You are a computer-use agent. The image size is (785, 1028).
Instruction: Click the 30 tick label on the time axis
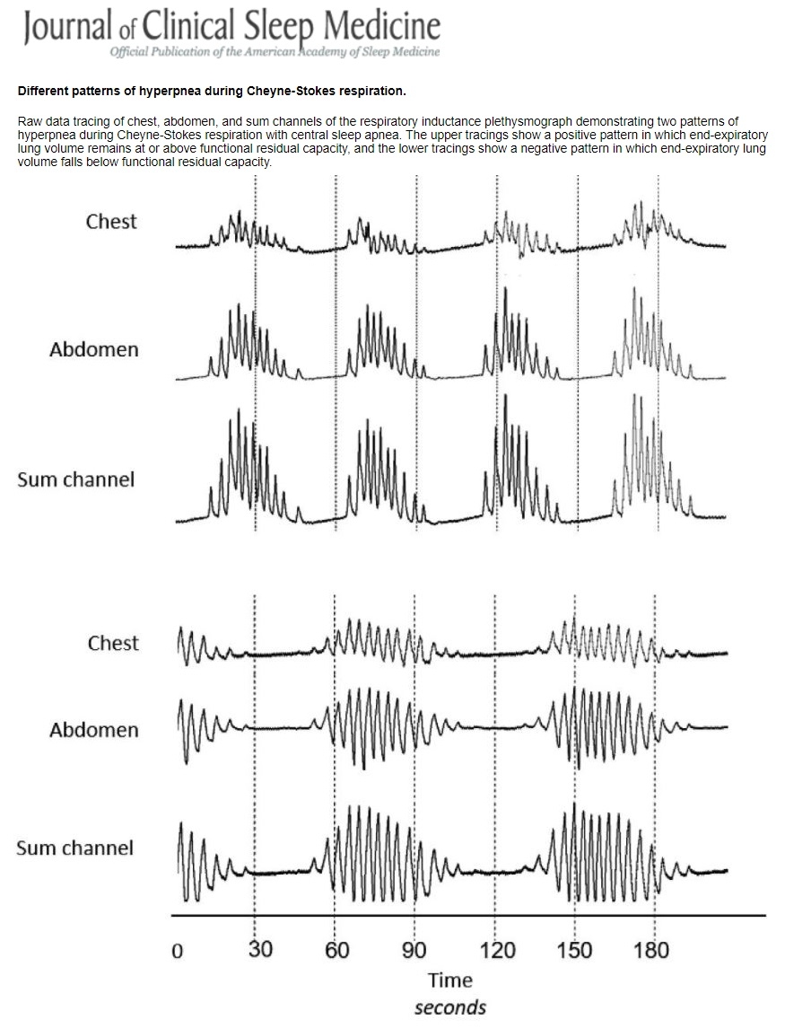[260, 950]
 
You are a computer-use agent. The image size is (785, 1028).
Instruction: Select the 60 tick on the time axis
[337, 950]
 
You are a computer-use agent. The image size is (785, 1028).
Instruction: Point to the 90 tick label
[415, 950]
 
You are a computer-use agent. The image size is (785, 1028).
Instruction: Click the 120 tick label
[498, 950]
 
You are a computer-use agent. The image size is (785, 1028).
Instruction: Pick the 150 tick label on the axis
[574, 950]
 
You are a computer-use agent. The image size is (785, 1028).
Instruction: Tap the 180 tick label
[651, 950]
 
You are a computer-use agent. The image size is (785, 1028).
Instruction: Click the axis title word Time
[449, 980]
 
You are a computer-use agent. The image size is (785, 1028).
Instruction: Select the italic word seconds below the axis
[449, 1007]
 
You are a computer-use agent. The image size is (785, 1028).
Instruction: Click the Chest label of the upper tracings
[111, 222]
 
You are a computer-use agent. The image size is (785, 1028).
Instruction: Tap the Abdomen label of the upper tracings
[94, 350]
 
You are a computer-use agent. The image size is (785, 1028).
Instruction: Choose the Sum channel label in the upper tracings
[75, 479]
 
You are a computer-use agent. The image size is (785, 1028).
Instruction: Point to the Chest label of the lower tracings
[113, 643]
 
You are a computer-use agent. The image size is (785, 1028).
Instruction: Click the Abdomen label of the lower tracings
[94, 730]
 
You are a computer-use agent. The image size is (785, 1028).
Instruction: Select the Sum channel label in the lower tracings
[74, 848]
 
